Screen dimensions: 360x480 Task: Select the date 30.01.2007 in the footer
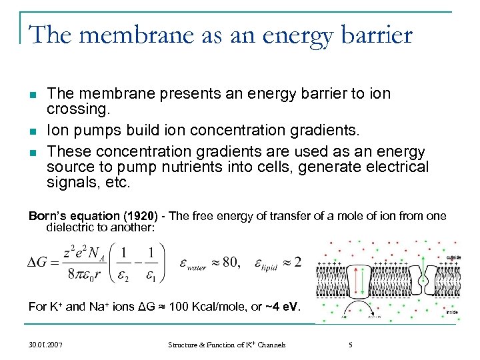47,345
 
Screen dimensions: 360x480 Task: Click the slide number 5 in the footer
351,345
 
